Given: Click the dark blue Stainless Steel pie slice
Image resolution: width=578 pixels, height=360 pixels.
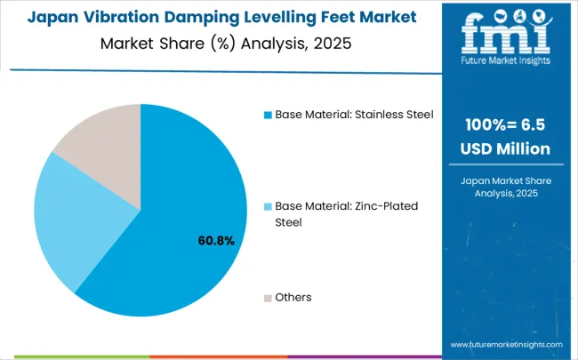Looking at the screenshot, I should tap(178, 222).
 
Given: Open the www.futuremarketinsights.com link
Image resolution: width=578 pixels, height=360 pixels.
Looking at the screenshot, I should tap(506, 344).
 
